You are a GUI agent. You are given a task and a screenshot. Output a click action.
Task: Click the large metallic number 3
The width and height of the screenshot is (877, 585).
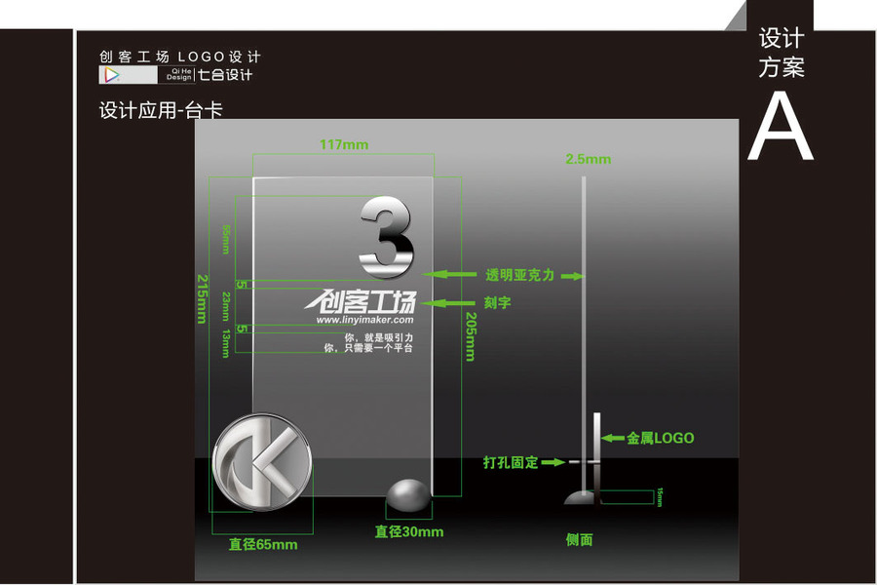tap(387, 236)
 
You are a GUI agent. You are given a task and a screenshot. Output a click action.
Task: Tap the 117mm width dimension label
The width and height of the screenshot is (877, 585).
tap(344, 145)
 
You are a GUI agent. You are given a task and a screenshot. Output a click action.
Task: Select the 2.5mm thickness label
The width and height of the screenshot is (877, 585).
tap(588, 159)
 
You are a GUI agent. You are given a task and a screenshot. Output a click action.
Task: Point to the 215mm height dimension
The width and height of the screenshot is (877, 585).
tap(203, 298)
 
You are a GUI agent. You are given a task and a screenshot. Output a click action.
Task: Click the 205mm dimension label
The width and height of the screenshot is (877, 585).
tap(470, 336)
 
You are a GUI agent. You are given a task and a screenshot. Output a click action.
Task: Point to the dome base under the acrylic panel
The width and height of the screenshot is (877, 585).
tap(410, 497)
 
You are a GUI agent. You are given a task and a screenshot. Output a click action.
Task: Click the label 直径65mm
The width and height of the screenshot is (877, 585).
tap(263, 544)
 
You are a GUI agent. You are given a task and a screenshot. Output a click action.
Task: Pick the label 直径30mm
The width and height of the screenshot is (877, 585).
tap(409, 531)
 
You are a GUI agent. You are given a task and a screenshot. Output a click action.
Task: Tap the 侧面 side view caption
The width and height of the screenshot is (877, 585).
tap(579, 539)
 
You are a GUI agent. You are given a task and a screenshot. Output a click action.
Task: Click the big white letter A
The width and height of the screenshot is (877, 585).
tap(780, 127)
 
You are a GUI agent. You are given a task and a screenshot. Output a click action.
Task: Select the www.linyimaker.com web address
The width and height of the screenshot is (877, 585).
tap(364, 319)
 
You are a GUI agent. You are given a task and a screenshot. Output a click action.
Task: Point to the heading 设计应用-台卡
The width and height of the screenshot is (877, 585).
tap(161, 110)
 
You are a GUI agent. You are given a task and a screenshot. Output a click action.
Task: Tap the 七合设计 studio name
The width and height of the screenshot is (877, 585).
tap(225, 75)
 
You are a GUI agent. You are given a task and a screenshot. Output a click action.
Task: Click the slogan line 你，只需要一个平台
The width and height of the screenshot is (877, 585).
tap(367, 348)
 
